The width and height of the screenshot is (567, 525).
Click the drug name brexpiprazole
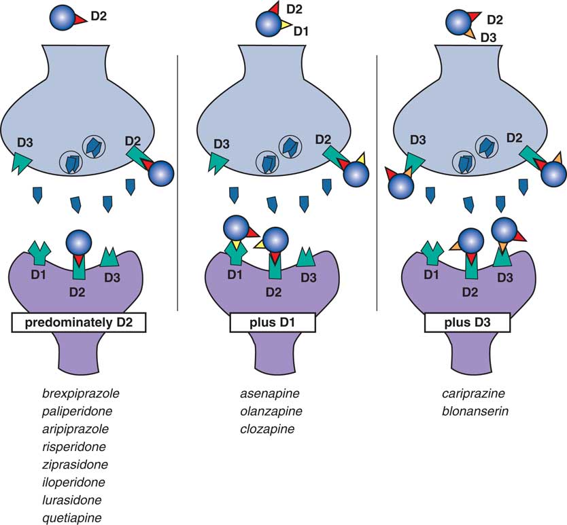coord(85,393)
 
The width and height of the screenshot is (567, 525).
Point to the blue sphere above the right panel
coord(458,23)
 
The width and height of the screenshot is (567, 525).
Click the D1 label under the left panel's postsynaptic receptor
coord(38,275)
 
